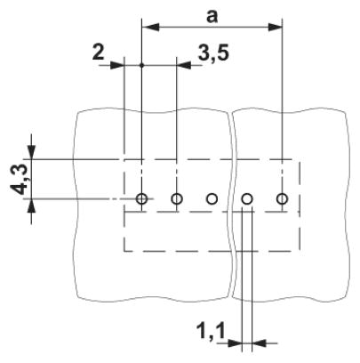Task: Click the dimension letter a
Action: (x=212, y=17)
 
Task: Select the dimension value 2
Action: (x=99, y=52)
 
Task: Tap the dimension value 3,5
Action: (x=213, y=53)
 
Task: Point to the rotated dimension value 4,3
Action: (x=19, y=181)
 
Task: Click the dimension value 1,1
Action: (x=211, y=331)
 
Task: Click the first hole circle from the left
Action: (x=141, y=198)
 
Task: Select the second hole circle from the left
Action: (x=177, y=198)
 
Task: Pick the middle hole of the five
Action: (x=212, y=198)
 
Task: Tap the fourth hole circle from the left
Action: (x=247, y=198)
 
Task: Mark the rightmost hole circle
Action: (x=282, y=198)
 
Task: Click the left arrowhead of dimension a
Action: (x=150, y=28)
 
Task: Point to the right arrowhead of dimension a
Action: (x=274, y=28)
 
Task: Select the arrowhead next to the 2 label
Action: (x=116, y=65)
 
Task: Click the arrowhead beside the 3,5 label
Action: (x=184, y=65)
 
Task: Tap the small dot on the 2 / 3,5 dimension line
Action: (x=141, y=65)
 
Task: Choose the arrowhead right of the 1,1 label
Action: (x=236, y=343)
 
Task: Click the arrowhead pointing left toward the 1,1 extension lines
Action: (x=259, y=343)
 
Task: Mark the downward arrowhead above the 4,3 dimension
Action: (x=32, y=152)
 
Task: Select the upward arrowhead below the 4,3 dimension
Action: (x=32, y=206)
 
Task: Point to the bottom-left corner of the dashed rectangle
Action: (x=124, y=251)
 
